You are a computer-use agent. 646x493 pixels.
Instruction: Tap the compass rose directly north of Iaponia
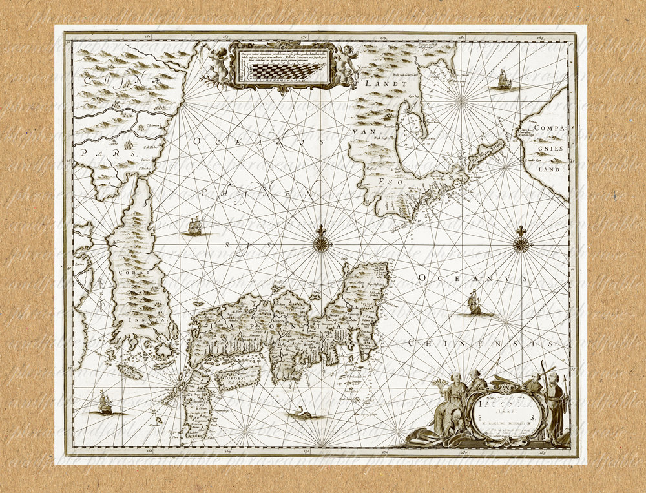tap(321, 244)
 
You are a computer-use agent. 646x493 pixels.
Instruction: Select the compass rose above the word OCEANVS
tap(521, 244)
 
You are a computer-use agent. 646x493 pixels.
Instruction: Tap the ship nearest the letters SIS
tap(194, 226)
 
